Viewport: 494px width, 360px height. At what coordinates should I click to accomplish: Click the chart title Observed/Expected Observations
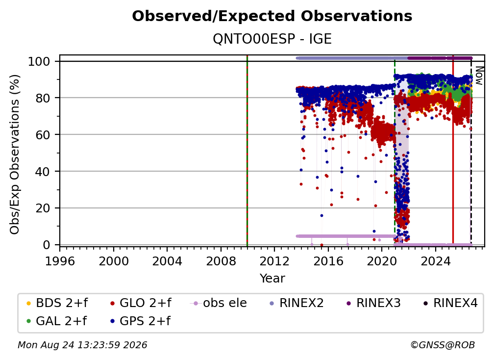coord(272,16)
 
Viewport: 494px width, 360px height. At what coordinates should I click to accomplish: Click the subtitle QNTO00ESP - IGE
coord(272,39)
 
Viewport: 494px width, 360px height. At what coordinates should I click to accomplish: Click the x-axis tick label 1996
coord(60,261)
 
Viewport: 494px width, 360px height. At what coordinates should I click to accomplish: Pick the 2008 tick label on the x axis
coord(221,261)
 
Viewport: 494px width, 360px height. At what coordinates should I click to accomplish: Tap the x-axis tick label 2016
coord(328,261)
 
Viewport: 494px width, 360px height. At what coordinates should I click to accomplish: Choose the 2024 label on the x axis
coord(435,261)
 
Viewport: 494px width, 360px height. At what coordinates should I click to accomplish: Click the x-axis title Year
coord(272,279)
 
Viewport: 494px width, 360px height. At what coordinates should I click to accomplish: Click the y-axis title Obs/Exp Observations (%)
coord(15,154)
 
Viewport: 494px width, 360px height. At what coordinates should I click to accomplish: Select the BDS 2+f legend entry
coord(57,303)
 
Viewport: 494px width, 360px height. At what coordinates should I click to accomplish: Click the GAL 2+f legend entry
coord(56,321)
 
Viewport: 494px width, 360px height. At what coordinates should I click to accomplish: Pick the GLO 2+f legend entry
coord(141,303)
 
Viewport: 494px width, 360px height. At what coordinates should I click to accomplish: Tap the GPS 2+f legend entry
coord(140,321)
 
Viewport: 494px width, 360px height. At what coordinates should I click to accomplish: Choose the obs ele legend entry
coord(219,303)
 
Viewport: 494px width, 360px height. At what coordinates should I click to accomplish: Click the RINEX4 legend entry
coord(450,303)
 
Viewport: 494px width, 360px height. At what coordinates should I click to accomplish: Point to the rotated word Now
coord(479,76)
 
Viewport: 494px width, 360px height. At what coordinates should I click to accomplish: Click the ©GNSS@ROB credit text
coord(443,345)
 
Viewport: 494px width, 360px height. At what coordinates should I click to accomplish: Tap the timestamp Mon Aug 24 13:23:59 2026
coord(82,345)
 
